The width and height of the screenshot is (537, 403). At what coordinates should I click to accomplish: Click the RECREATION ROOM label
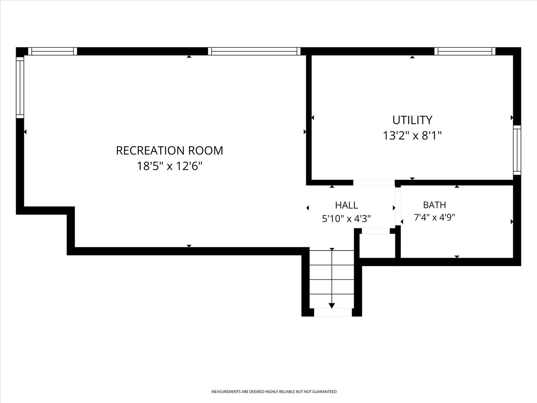(170, 150)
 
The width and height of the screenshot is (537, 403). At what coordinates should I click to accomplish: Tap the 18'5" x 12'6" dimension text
(170, 166)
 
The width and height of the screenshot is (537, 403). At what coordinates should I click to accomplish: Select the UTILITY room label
(412, 120)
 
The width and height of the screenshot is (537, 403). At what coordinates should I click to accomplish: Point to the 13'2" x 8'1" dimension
(412, 135)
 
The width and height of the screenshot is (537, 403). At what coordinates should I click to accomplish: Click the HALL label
(346, 205)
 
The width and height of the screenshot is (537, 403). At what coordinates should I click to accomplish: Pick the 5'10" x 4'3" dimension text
(346, 218)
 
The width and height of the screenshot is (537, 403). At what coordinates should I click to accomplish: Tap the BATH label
(434, 205)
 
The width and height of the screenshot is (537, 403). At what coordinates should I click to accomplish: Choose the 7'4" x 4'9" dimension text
(434, 217)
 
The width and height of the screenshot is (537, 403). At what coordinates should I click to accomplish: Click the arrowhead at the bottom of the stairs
(332, 306)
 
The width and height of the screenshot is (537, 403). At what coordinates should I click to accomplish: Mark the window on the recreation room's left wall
(20, 87)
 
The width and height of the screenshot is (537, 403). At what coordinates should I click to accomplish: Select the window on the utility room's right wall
(517, 150)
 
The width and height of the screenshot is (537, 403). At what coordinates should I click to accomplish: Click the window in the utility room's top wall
(465, 51)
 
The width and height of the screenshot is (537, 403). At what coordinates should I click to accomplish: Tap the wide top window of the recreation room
(254, 51)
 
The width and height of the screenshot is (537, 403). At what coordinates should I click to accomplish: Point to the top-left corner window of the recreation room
(53, 51)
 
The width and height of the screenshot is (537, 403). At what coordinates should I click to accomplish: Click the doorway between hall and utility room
(374, 182)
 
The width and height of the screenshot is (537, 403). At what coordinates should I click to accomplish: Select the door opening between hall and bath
(398, 206)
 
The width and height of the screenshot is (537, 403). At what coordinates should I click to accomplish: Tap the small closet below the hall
(377, 246)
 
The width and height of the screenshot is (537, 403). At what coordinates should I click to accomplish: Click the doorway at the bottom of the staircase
(333, 312)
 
